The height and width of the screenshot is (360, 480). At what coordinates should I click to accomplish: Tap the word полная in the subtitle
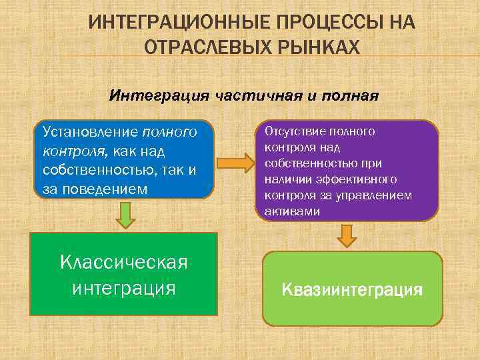click(350, 95)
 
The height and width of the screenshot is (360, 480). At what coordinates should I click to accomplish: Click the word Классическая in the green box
click(123, 262)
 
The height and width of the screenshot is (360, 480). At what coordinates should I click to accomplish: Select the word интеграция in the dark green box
click(123, 288)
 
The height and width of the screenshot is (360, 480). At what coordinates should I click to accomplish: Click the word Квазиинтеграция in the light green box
click(352, 290)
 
